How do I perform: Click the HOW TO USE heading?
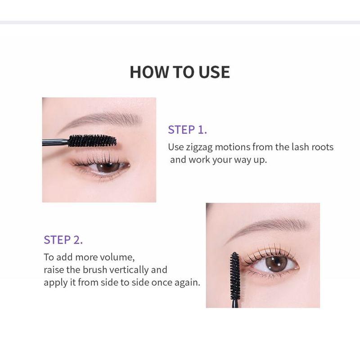[180, 72]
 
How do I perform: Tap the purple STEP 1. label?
[187, 130]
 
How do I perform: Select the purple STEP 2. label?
[63, 240]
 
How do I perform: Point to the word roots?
[320, 147]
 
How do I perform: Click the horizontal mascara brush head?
[92, 141]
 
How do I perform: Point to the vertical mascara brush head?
[234, 275]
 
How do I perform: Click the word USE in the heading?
[213, 72]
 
